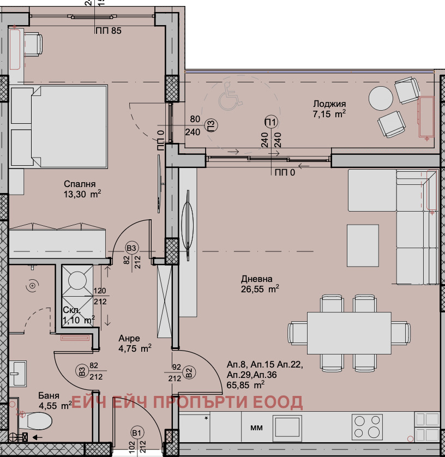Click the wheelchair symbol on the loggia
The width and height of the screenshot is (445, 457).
(x=230, y=97)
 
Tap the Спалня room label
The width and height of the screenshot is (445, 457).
(x=80, y=184)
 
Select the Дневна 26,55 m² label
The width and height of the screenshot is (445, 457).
(x=260, y=284)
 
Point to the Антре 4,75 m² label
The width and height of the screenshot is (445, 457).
(x=135, y=343)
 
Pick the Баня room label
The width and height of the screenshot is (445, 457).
(x=49, y=395)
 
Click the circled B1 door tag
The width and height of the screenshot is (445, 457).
(x=136, y=433)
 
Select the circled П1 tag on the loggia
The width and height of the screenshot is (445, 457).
(x=271, y=122)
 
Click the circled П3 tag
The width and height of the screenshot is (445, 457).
(x=212, y=125)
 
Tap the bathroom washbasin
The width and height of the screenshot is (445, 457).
(x=18, y=373)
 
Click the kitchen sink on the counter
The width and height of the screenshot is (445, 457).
(x=287, y=426)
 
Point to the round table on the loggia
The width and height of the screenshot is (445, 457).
(x=381, y=98)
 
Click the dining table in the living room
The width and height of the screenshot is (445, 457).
(x=349, y=333)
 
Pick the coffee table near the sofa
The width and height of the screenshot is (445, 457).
(x=363, y=245)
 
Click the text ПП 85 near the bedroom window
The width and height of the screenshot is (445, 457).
(x=108, y=31)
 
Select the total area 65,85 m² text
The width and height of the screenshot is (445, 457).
(x=245, y=385)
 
